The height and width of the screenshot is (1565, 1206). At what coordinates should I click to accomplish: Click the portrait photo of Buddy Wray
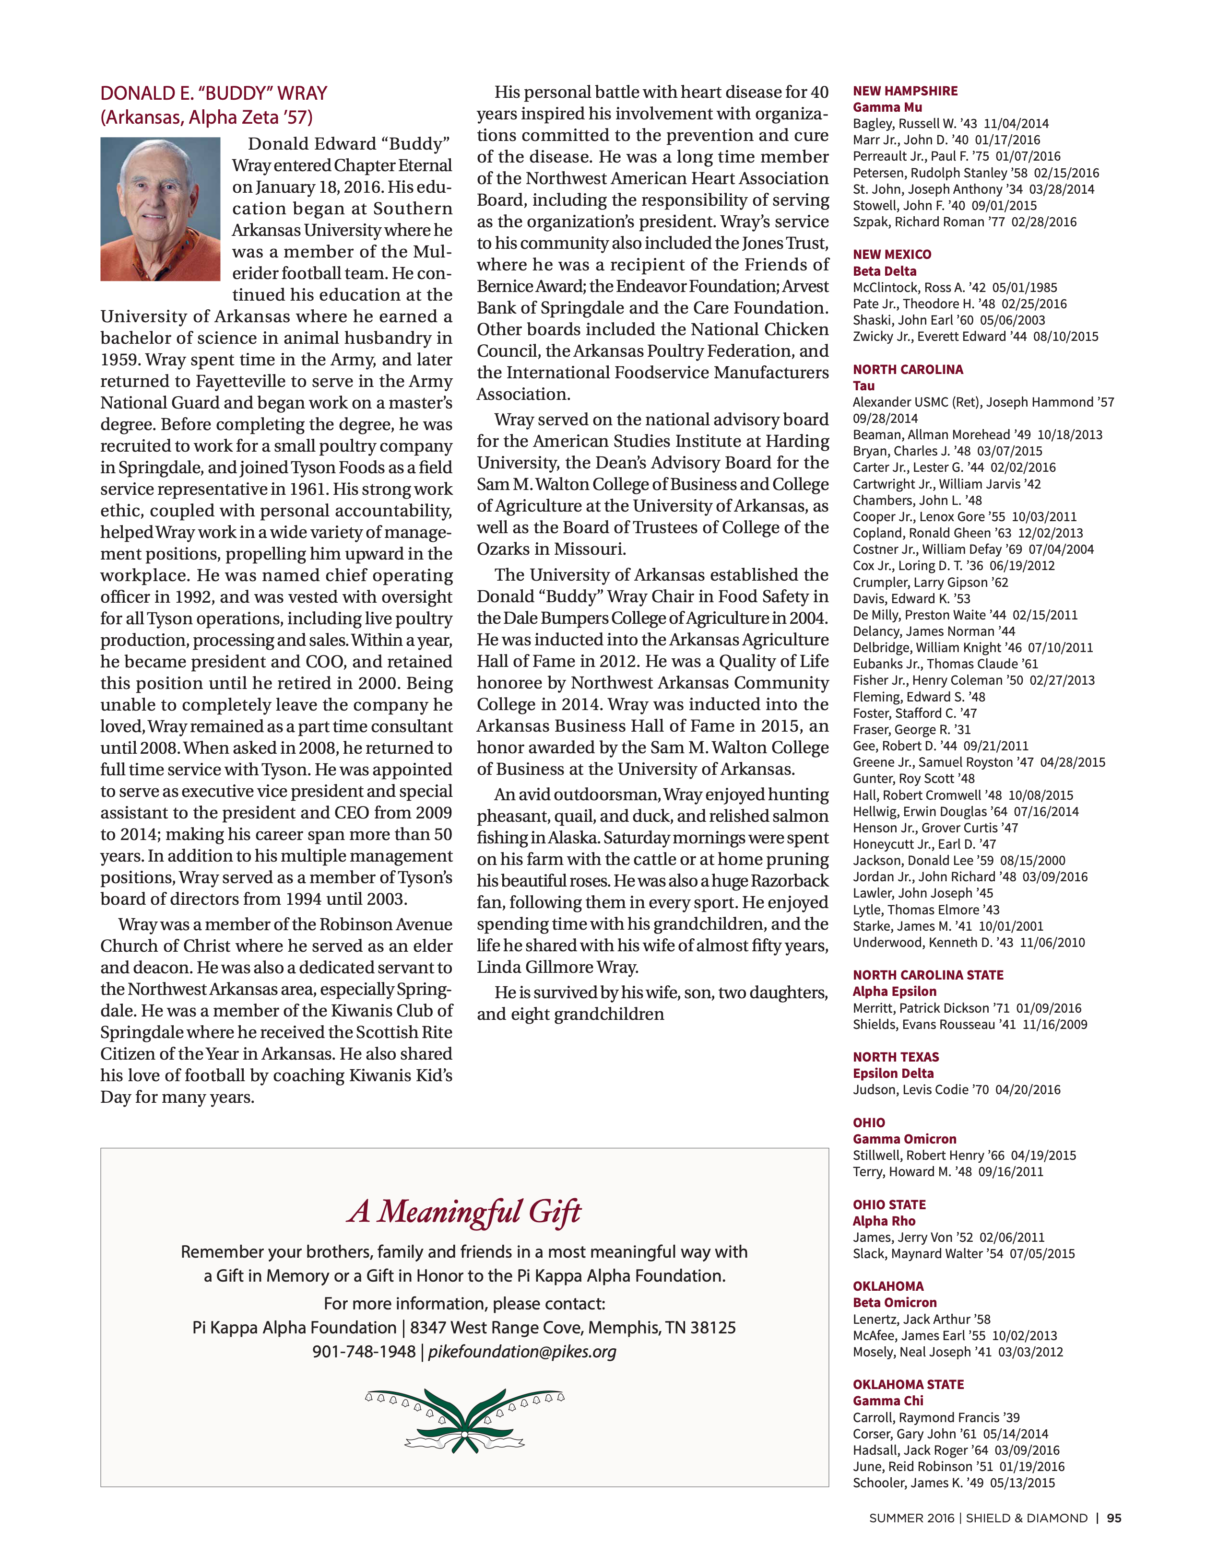pos(160,209)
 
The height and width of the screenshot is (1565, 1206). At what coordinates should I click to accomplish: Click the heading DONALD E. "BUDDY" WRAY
pos(213,93)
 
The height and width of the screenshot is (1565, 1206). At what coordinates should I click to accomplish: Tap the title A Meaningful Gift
pos(464,1212)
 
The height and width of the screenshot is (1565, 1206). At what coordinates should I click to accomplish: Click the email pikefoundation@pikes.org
pos(522,1352)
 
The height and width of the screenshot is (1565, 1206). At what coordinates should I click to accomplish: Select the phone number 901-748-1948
pos(364,1352)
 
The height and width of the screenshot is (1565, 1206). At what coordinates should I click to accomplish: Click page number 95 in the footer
pos(1113,1518)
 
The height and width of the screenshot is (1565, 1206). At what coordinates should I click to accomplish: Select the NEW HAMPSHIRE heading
pos(905,91)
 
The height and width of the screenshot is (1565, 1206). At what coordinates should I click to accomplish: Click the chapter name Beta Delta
pos(884,271)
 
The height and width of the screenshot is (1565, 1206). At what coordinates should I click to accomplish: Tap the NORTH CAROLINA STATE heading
pos(928,975)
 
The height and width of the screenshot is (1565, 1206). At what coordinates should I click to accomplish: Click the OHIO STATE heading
pos(889,1204)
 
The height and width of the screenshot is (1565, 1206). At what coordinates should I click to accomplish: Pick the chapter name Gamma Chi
pos(887,1400)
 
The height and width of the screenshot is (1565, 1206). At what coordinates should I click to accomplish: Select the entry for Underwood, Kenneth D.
pos(969,942)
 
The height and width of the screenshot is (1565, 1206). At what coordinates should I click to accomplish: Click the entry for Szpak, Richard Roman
pos(964,222)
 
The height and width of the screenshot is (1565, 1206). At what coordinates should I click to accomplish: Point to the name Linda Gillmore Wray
pos(556,968)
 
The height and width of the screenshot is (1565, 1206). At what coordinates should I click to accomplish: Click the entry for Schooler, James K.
pos(954,1483)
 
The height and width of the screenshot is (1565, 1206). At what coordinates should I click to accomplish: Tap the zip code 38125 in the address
pos(713,1328)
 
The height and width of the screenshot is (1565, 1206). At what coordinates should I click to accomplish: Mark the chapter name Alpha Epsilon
pos(894,991)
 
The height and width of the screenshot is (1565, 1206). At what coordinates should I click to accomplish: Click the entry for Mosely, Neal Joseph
pos(957,1352)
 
